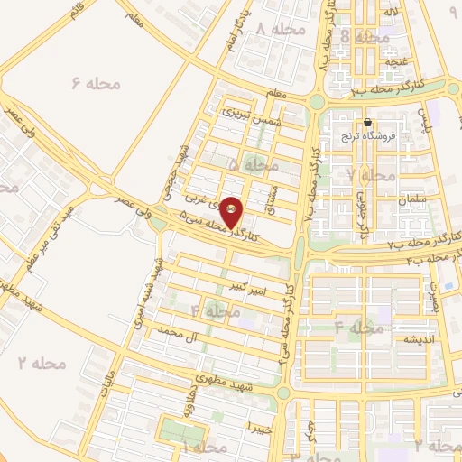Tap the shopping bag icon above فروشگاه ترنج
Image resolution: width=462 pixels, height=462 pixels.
click(367, 123)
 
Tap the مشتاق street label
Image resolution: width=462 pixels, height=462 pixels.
click(267, 199)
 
